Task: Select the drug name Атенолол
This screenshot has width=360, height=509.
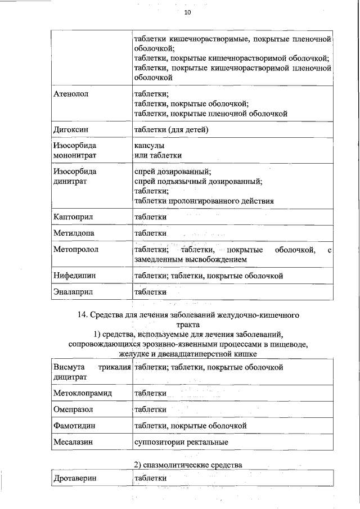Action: coord(71,93)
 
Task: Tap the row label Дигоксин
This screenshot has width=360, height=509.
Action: coord(71,130)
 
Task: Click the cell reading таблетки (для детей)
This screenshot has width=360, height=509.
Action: coord(171,130)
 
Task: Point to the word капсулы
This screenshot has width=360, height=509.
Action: coord(150,145)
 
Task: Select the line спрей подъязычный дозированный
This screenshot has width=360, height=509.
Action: coord(198,181)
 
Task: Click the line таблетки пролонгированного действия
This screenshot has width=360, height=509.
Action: coord(204,200)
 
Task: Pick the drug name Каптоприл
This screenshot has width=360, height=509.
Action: coord(73,217)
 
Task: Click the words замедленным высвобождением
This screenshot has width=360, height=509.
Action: coord(190,260)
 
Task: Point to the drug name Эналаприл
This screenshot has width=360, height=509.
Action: coord(73,292)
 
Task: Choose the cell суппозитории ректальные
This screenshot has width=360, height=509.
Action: coord(181,442)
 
